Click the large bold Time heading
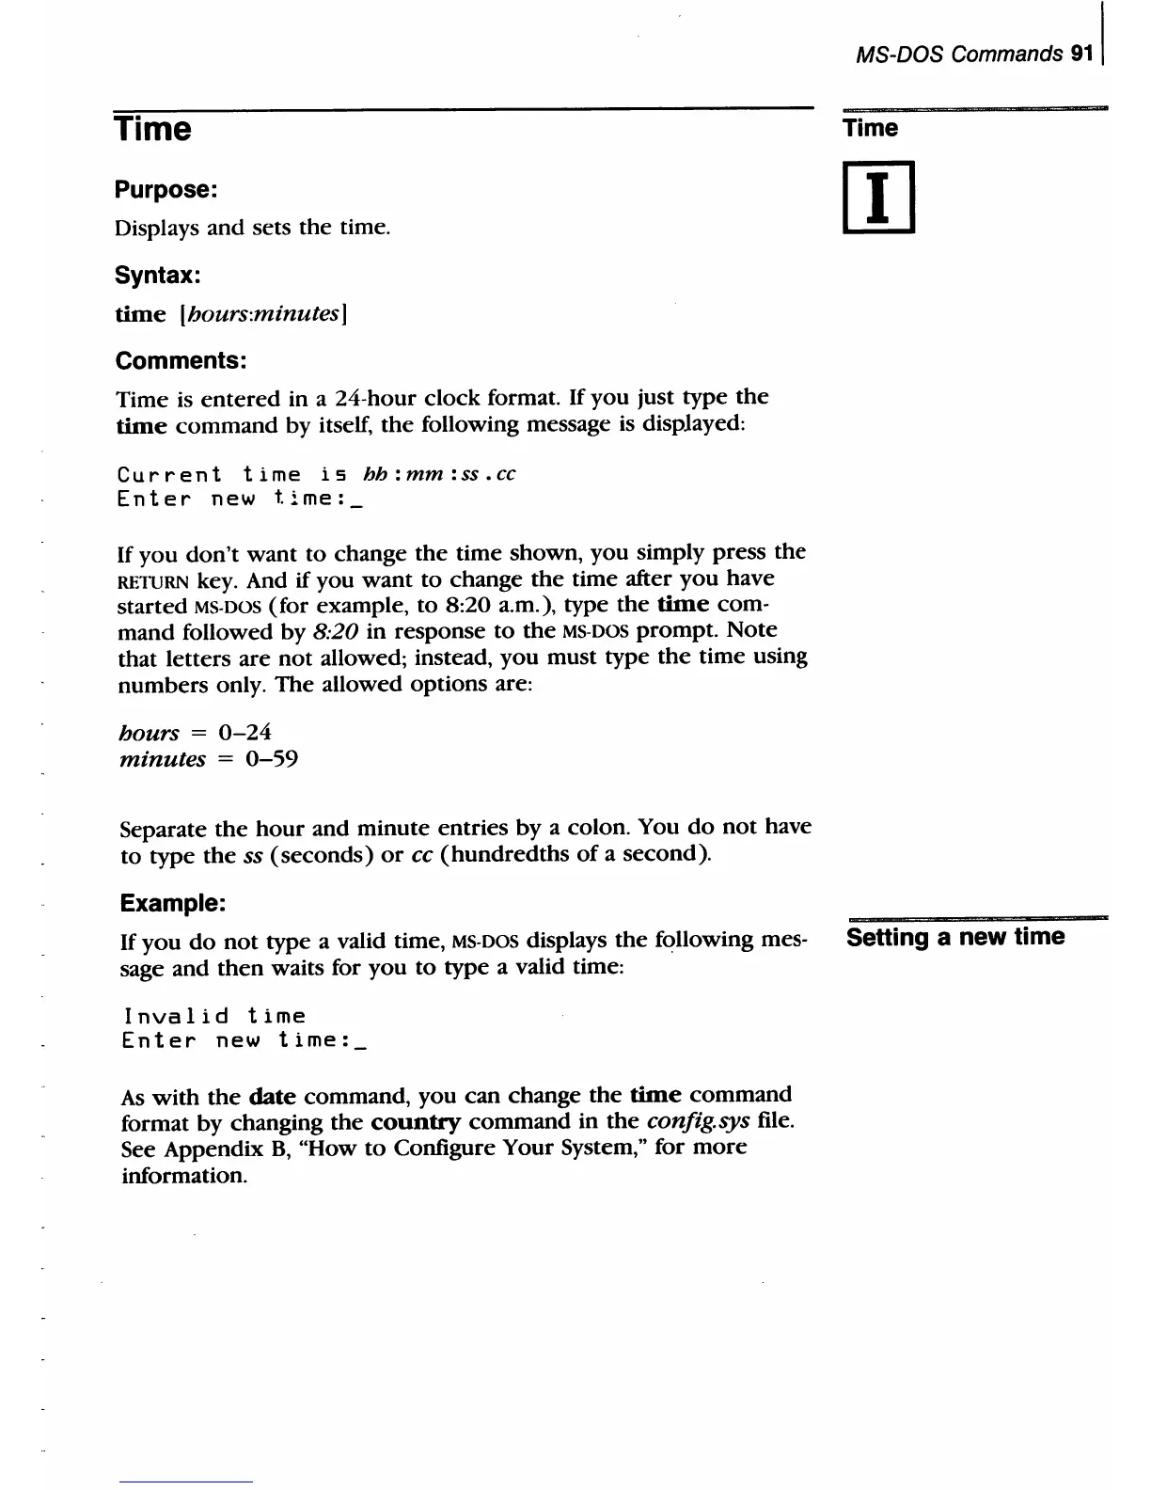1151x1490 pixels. [x=152, y=129]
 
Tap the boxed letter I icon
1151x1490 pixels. [x=878, y=198]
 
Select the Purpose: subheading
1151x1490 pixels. [x=166, y=189]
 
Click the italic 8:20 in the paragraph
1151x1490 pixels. [x=335, y=630]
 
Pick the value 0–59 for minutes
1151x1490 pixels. [x=271, y=758]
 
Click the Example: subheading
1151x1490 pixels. [x=172, y=903]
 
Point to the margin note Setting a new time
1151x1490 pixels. [x=955, y=937]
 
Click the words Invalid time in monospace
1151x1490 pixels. [x=214, y=1016]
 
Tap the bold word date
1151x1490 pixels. [x=273, y=1096]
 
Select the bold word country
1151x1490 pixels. [x=416, y=1122]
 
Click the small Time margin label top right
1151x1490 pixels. [x=871, y=128]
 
